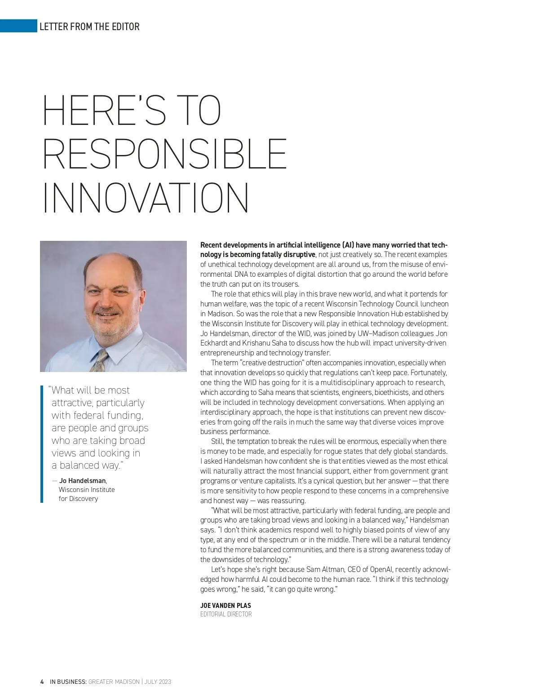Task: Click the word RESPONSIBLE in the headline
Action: click(x=165, y=154)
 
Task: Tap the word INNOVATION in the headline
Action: click(x=146, y=198)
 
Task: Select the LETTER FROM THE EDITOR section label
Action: click(x=89, y=27)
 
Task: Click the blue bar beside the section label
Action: click(x=18, y=26)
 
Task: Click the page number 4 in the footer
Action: click(x=42, y=682)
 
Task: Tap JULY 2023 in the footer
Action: click(x=158, y=682)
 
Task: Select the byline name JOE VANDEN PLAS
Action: click(x=225, y=605)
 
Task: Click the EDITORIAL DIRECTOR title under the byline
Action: click(x=226, y=614)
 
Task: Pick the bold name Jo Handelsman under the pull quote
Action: click(x=83, y=480)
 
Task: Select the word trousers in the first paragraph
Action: click(x=285, y=284)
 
